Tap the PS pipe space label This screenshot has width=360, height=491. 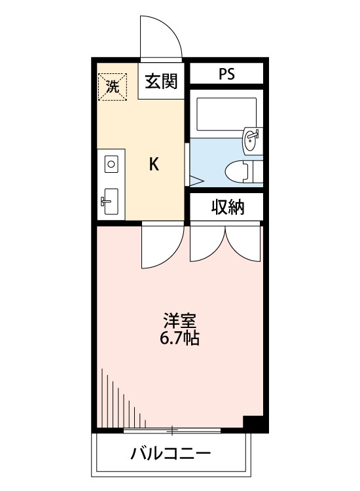tap(226, 73)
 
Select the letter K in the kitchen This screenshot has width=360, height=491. tap(154, 164)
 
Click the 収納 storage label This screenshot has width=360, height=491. tap(226, 208)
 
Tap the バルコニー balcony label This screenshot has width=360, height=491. tap(170, 453)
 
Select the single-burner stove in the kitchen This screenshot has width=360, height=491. tap(110, 163)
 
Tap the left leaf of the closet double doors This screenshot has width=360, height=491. tap(206, 244)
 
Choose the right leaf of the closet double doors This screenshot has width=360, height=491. tap(243, 244)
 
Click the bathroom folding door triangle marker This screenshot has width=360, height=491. tap(195, 179)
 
